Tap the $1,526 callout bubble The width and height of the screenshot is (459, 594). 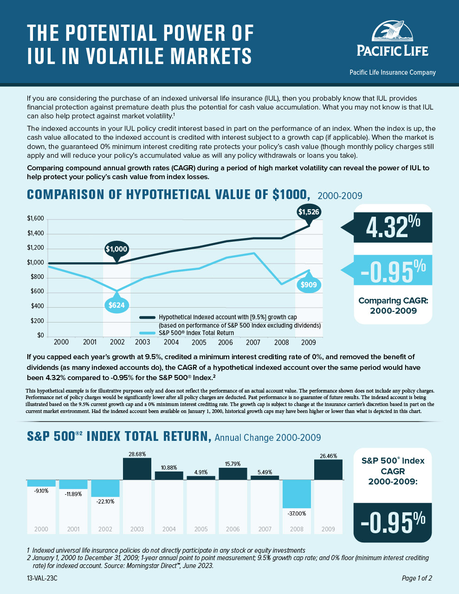[309, 212]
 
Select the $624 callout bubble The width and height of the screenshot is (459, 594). [117, 305]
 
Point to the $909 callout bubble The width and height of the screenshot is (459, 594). [309, 284]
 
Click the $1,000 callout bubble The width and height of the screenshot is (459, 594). [116, 249]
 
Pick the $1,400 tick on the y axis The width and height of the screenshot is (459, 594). [35, 233]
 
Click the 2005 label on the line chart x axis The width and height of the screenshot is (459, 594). [199, 342]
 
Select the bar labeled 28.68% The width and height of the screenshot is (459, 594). [137, 469]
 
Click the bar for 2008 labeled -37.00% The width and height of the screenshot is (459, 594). [297, 494]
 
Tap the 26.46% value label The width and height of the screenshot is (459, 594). [328, 456]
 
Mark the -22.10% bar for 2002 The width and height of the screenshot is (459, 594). [105, 488]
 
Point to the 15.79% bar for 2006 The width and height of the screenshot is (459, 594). [233, 473]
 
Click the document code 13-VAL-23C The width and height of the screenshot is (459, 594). [42, 578]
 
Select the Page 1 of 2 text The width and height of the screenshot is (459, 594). [417, 578]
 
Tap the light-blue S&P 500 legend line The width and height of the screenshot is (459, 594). [148, 333]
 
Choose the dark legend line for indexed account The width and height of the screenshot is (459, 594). [148, 317]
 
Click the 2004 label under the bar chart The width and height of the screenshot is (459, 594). [169, 529]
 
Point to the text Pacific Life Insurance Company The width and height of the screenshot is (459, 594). [392, 72]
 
